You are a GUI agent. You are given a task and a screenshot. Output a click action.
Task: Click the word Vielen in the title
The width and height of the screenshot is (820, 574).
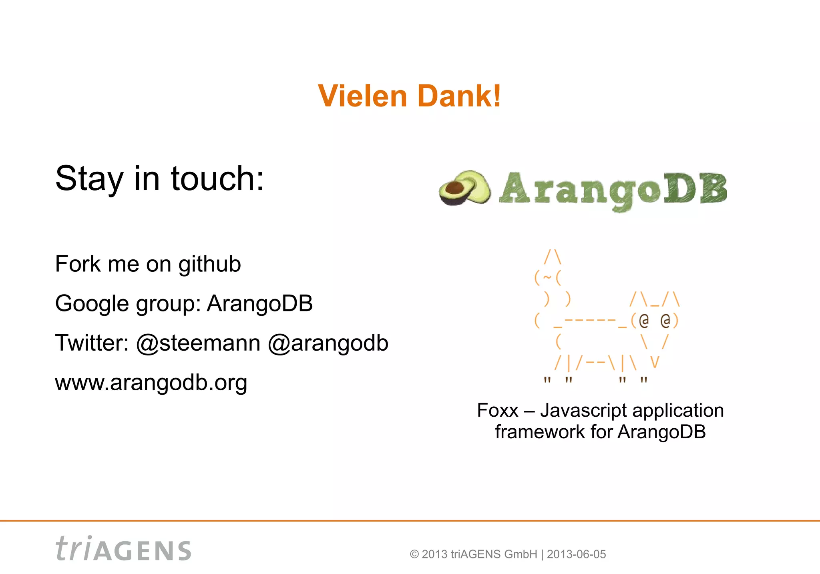(362, 96)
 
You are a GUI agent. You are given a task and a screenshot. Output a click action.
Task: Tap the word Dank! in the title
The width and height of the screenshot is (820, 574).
(459, 96)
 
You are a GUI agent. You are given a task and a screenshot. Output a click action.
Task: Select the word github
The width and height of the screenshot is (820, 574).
(209, 265)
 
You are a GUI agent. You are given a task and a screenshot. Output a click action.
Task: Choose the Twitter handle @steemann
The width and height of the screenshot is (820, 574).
(198, 343)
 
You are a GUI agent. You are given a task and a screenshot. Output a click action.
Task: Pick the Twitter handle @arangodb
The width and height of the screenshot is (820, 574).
(328, 343)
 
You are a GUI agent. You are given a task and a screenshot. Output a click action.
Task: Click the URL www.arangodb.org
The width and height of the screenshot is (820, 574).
(151, 383)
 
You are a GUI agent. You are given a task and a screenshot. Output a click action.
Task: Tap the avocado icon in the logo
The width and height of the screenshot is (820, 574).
(465, 188)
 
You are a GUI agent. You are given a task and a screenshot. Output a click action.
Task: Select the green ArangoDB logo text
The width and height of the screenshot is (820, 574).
(613, 190)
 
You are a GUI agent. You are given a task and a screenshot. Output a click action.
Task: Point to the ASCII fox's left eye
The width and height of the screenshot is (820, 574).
(643, 320)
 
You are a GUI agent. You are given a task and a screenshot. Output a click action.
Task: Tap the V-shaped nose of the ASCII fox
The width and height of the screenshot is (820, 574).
(655, 362)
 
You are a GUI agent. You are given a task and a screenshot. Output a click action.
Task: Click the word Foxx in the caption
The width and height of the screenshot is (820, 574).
(498, 411)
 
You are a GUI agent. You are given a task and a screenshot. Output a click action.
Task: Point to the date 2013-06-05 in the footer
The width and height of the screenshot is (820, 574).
(576, 554)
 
